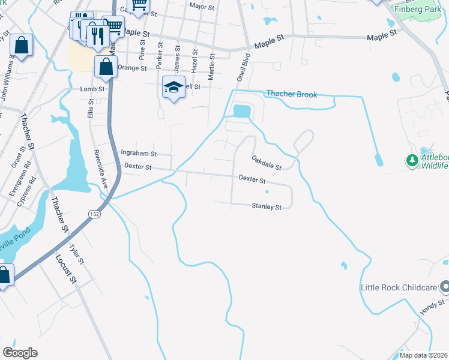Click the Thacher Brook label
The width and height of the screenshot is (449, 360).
[x=291, y=94]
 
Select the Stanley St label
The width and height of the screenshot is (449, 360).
[x=267, y=207]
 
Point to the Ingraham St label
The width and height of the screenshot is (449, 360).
[x=139, y=153]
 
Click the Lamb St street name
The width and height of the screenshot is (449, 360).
[x=92, y=89]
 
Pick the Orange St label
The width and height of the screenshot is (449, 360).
[x=132, y=68]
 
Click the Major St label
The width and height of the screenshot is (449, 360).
[x=202, y=7]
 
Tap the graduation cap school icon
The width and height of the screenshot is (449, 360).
[x=173, y=88]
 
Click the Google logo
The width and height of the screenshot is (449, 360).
[x=20, y=353]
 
